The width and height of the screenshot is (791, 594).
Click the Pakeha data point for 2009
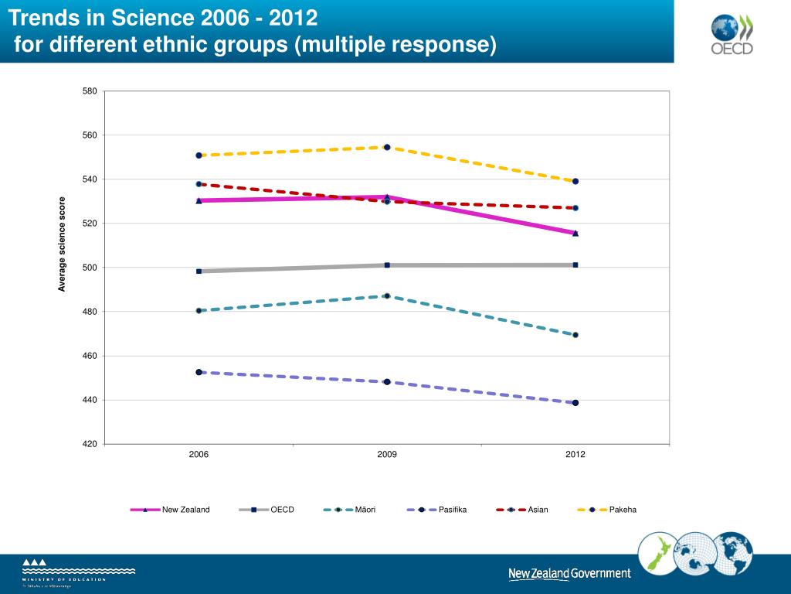(x=387, y=147)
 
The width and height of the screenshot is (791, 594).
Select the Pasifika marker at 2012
(x=575, y=403)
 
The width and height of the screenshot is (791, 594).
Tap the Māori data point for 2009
(x=387, y=296)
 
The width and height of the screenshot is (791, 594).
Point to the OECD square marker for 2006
(x=199, y=271)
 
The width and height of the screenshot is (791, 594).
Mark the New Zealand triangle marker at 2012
(x=575, y=233)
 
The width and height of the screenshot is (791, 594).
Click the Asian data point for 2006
(x=199, y=184)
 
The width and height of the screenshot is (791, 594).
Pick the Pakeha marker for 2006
(x=199, y=155)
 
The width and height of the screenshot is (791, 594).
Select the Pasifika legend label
(x=453, y=510)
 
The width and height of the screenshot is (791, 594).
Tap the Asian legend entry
(x=538, y=510)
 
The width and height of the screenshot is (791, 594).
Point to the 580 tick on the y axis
(x=90, y=91)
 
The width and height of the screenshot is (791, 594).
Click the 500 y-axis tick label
(x=90, y=268)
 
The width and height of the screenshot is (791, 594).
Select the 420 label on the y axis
(x=90, y=444)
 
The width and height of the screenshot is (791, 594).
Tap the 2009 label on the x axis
(x=387, y=454)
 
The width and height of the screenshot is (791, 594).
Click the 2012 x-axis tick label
(x=575, y=454)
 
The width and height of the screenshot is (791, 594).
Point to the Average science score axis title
(x=63, y=244)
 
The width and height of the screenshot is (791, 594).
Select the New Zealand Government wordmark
(x=569, y=574)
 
